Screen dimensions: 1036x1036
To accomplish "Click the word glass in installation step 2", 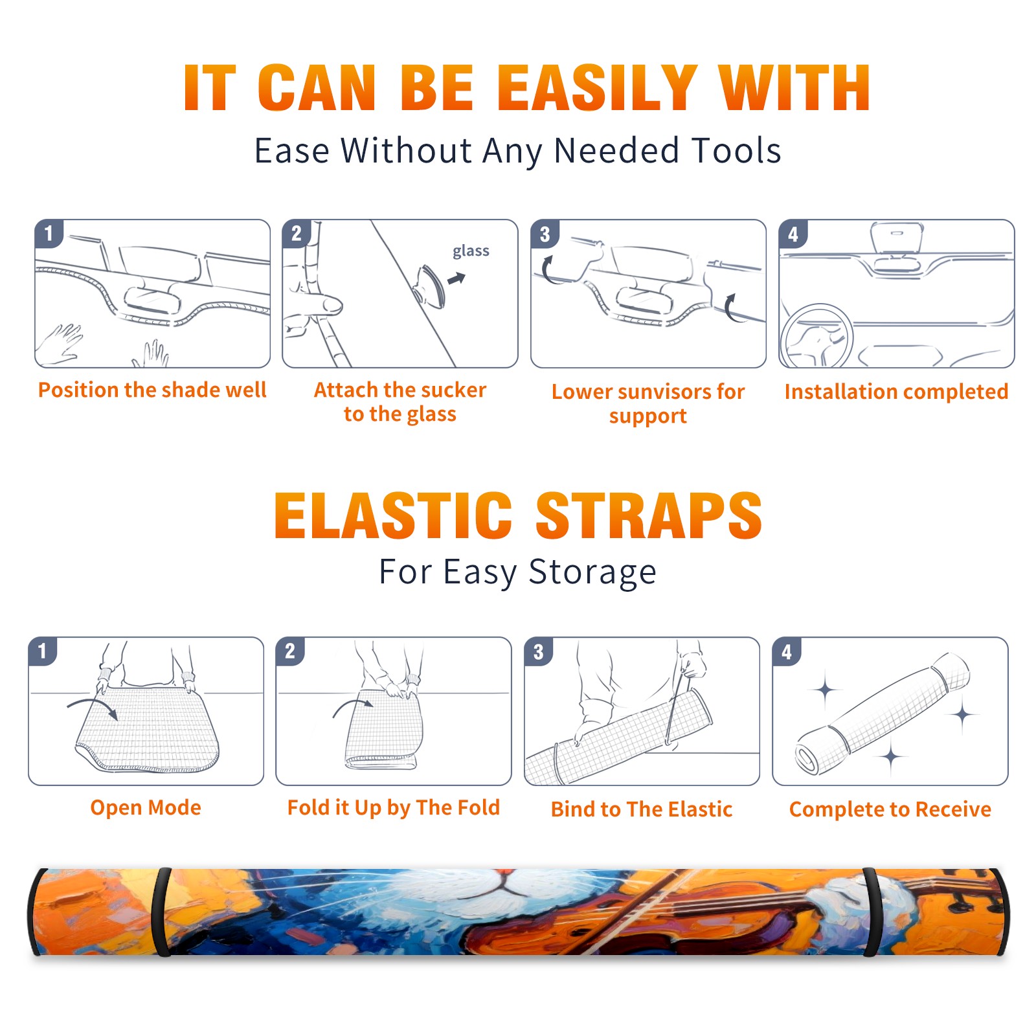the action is (x=471, y=251).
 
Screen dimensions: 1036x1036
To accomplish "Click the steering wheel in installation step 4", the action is (x=816, y=336).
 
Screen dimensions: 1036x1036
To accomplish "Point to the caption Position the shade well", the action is (x=152, y=390).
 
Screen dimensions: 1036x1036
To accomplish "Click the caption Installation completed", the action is (x=896, y=392).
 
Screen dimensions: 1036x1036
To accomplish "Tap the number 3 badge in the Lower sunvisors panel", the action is (x=545, y=234).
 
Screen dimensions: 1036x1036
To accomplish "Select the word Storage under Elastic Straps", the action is (x=592, y=572).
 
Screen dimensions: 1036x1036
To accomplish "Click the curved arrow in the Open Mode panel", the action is (x=93, y=707).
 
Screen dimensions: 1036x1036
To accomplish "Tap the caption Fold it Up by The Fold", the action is (x=394, y=807).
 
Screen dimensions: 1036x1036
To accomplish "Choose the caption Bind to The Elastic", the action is (x=642, y=809).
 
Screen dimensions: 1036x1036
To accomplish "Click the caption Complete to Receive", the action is (x=890, y=809).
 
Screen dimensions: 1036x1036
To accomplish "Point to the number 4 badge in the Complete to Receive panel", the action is (x=787, y=651).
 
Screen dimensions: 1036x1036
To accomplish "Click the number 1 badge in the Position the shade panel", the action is (x=49, y=234).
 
